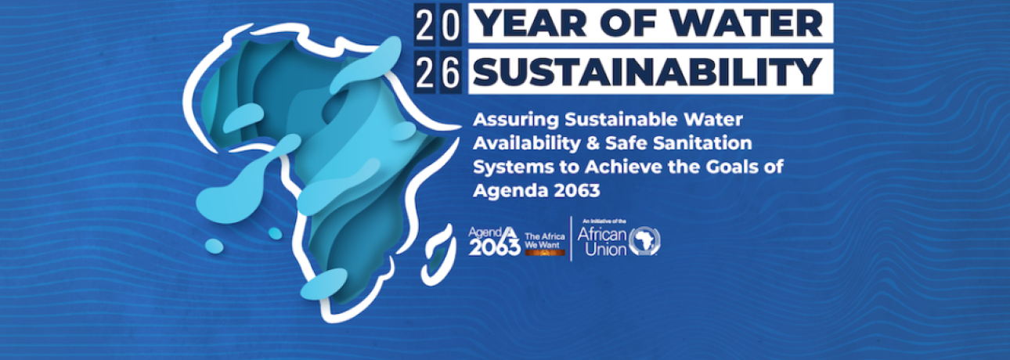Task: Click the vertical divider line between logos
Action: (571, 238)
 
